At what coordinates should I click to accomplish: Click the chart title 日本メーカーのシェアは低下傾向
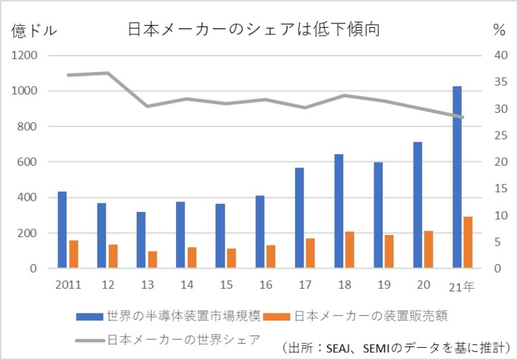click(253, 30)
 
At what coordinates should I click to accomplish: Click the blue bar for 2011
click(62, 229)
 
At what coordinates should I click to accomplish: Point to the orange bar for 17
click(310, 253)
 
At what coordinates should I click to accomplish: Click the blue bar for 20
click(418, 205)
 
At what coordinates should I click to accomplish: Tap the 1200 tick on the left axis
click(25, 56)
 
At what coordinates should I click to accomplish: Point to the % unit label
click(499, 30)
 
